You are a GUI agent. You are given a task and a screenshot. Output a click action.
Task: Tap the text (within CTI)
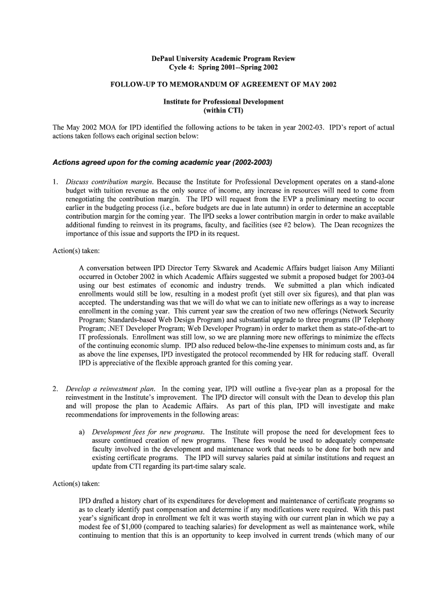coord(223,110)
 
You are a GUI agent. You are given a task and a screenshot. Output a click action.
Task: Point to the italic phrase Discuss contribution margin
coord(110,182)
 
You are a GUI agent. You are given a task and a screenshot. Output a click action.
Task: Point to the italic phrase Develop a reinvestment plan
coord(111,389)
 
